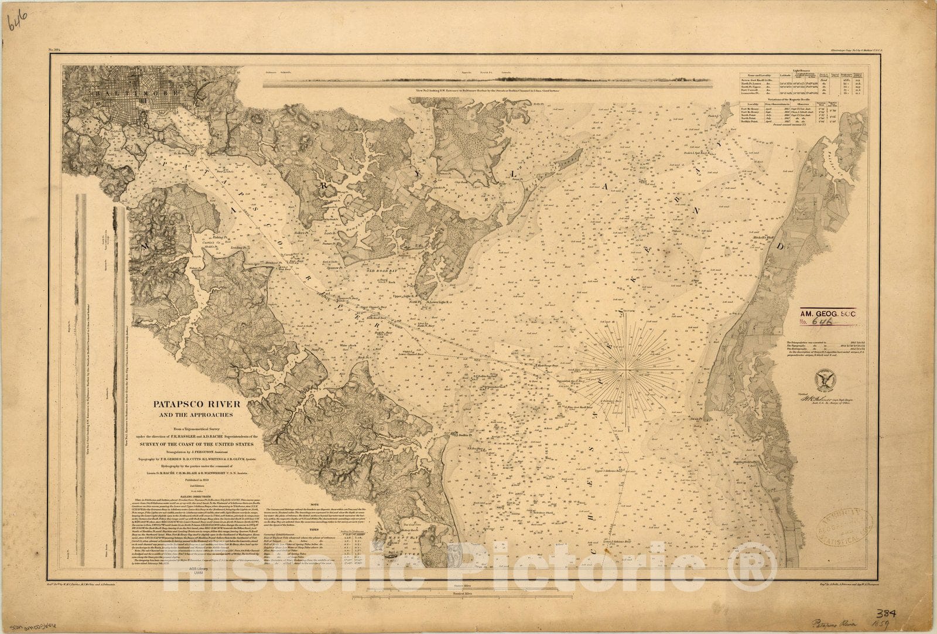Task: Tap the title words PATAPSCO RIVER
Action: click(x=193, y=404)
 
